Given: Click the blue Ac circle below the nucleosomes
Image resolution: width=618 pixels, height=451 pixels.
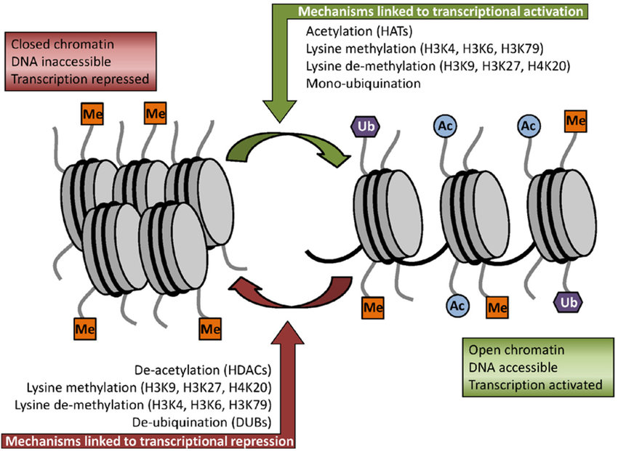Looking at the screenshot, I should [457, 306].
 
